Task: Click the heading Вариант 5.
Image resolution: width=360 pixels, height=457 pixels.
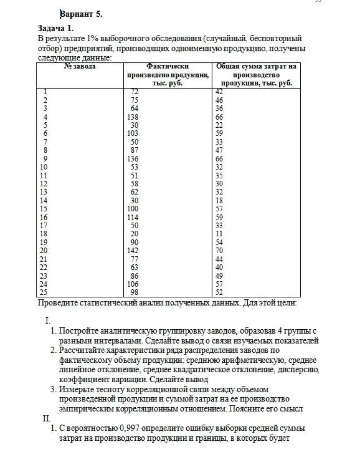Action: (81, 15)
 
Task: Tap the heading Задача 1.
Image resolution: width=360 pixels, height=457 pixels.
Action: (56, 29)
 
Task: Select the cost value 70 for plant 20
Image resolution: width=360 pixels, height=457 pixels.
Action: (220, 251)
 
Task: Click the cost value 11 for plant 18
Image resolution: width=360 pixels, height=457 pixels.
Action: (219, 234)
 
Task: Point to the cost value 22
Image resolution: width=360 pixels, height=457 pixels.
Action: (220, 125)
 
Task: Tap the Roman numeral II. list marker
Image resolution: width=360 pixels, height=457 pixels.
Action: (47, 419)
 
